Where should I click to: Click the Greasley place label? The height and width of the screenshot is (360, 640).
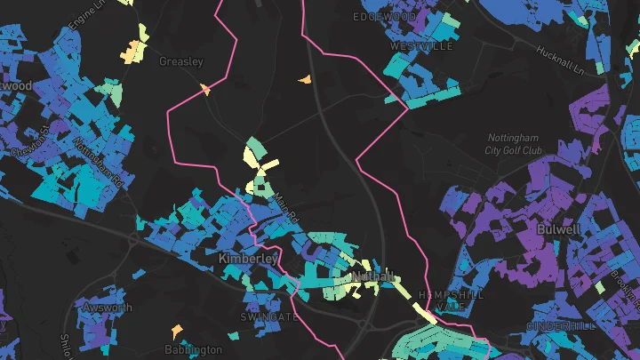coord(180,62)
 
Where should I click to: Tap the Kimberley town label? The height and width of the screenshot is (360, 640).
coord(248,258)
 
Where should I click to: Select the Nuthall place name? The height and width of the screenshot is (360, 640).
coord(372,277)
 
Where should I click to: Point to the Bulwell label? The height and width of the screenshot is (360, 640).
coord(560,229)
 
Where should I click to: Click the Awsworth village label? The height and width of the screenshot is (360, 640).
coord(107,308)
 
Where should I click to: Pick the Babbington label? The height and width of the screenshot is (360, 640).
coord(193,349)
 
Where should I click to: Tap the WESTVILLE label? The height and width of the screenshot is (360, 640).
coord(421,45)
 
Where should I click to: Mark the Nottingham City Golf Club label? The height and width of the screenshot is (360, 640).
coord(515,144)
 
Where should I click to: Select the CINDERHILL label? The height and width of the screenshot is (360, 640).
coord(561,326)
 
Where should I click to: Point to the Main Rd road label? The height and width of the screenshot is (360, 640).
coord(288,207)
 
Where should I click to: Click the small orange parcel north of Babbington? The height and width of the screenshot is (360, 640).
coord(176,331)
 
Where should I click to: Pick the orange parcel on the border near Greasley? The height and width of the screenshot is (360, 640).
coord(205,89)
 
